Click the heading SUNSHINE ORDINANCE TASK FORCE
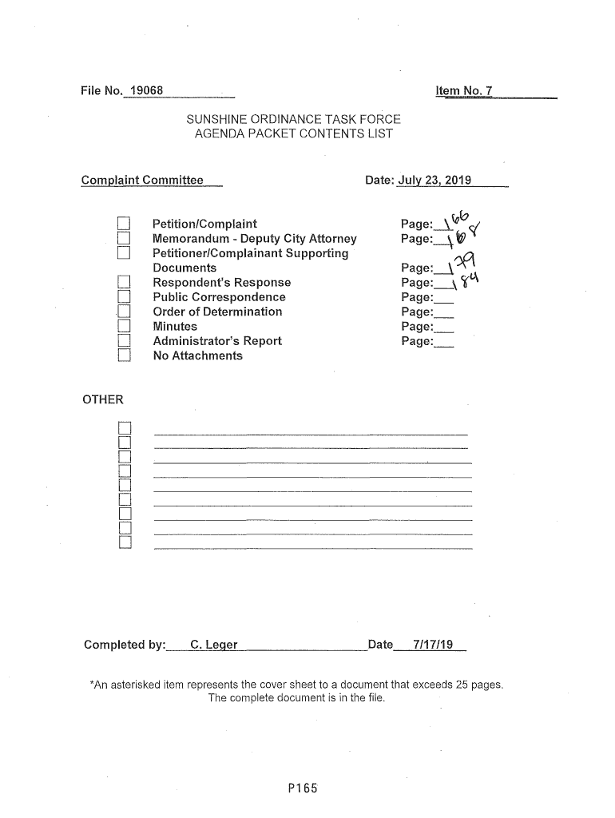[x=293, y=119]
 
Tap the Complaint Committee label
[x=143, y=181]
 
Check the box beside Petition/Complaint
[x=123, y=224]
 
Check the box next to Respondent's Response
[x=123, y=283]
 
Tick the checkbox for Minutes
[x=123, y=327]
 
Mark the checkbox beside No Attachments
[x=123, y=356]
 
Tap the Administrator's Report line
[x=217, y=341]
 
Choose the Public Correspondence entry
[x=219, y=297]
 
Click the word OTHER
[x=103, y=399]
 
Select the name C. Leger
[x=208, y=645]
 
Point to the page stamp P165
[x=304, y=789]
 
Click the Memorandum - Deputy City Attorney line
[x=255, y=239]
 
